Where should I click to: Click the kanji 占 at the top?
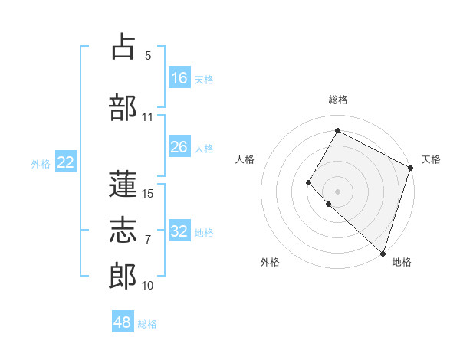pyautogui.click(x=123, y=47)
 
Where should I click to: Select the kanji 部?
pyautogui.click(x=123, y=108)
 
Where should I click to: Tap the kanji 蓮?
pyautogui.click(x=123, y=184)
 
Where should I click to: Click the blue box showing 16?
pyautogui.click(x=179, y=78)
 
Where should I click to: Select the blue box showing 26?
pyautogui.click(x=179, y=147)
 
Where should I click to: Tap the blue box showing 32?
pyautogui.click(x=179, y=231)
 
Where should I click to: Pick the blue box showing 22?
pyautogui.click(x=66, y=162)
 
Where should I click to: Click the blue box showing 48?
pyautogui.click(x=123, y=322)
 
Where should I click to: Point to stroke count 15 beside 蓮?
pyautogui.click(x=148, y=194)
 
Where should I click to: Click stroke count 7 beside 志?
pyautogui.click(x=148, y=240)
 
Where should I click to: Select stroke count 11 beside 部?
pyautogui.click(x=148, y=117)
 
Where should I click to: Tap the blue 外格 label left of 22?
pyautogui.click(x=41, y=163)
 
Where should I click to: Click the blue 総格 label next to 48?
pyautogui.click(x=148, y=323)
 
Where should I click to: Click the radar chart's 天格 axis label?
pyautogui.click(x=431, y=159)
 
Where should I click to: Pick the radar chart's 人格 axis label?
pyautogui.click(x=245, y=159)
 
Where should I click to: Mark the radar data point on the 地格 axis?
pyautogui.click(x=383, y=253)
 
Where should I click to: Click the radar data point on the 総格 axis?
pyautogui.click(x=337, y=130)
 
